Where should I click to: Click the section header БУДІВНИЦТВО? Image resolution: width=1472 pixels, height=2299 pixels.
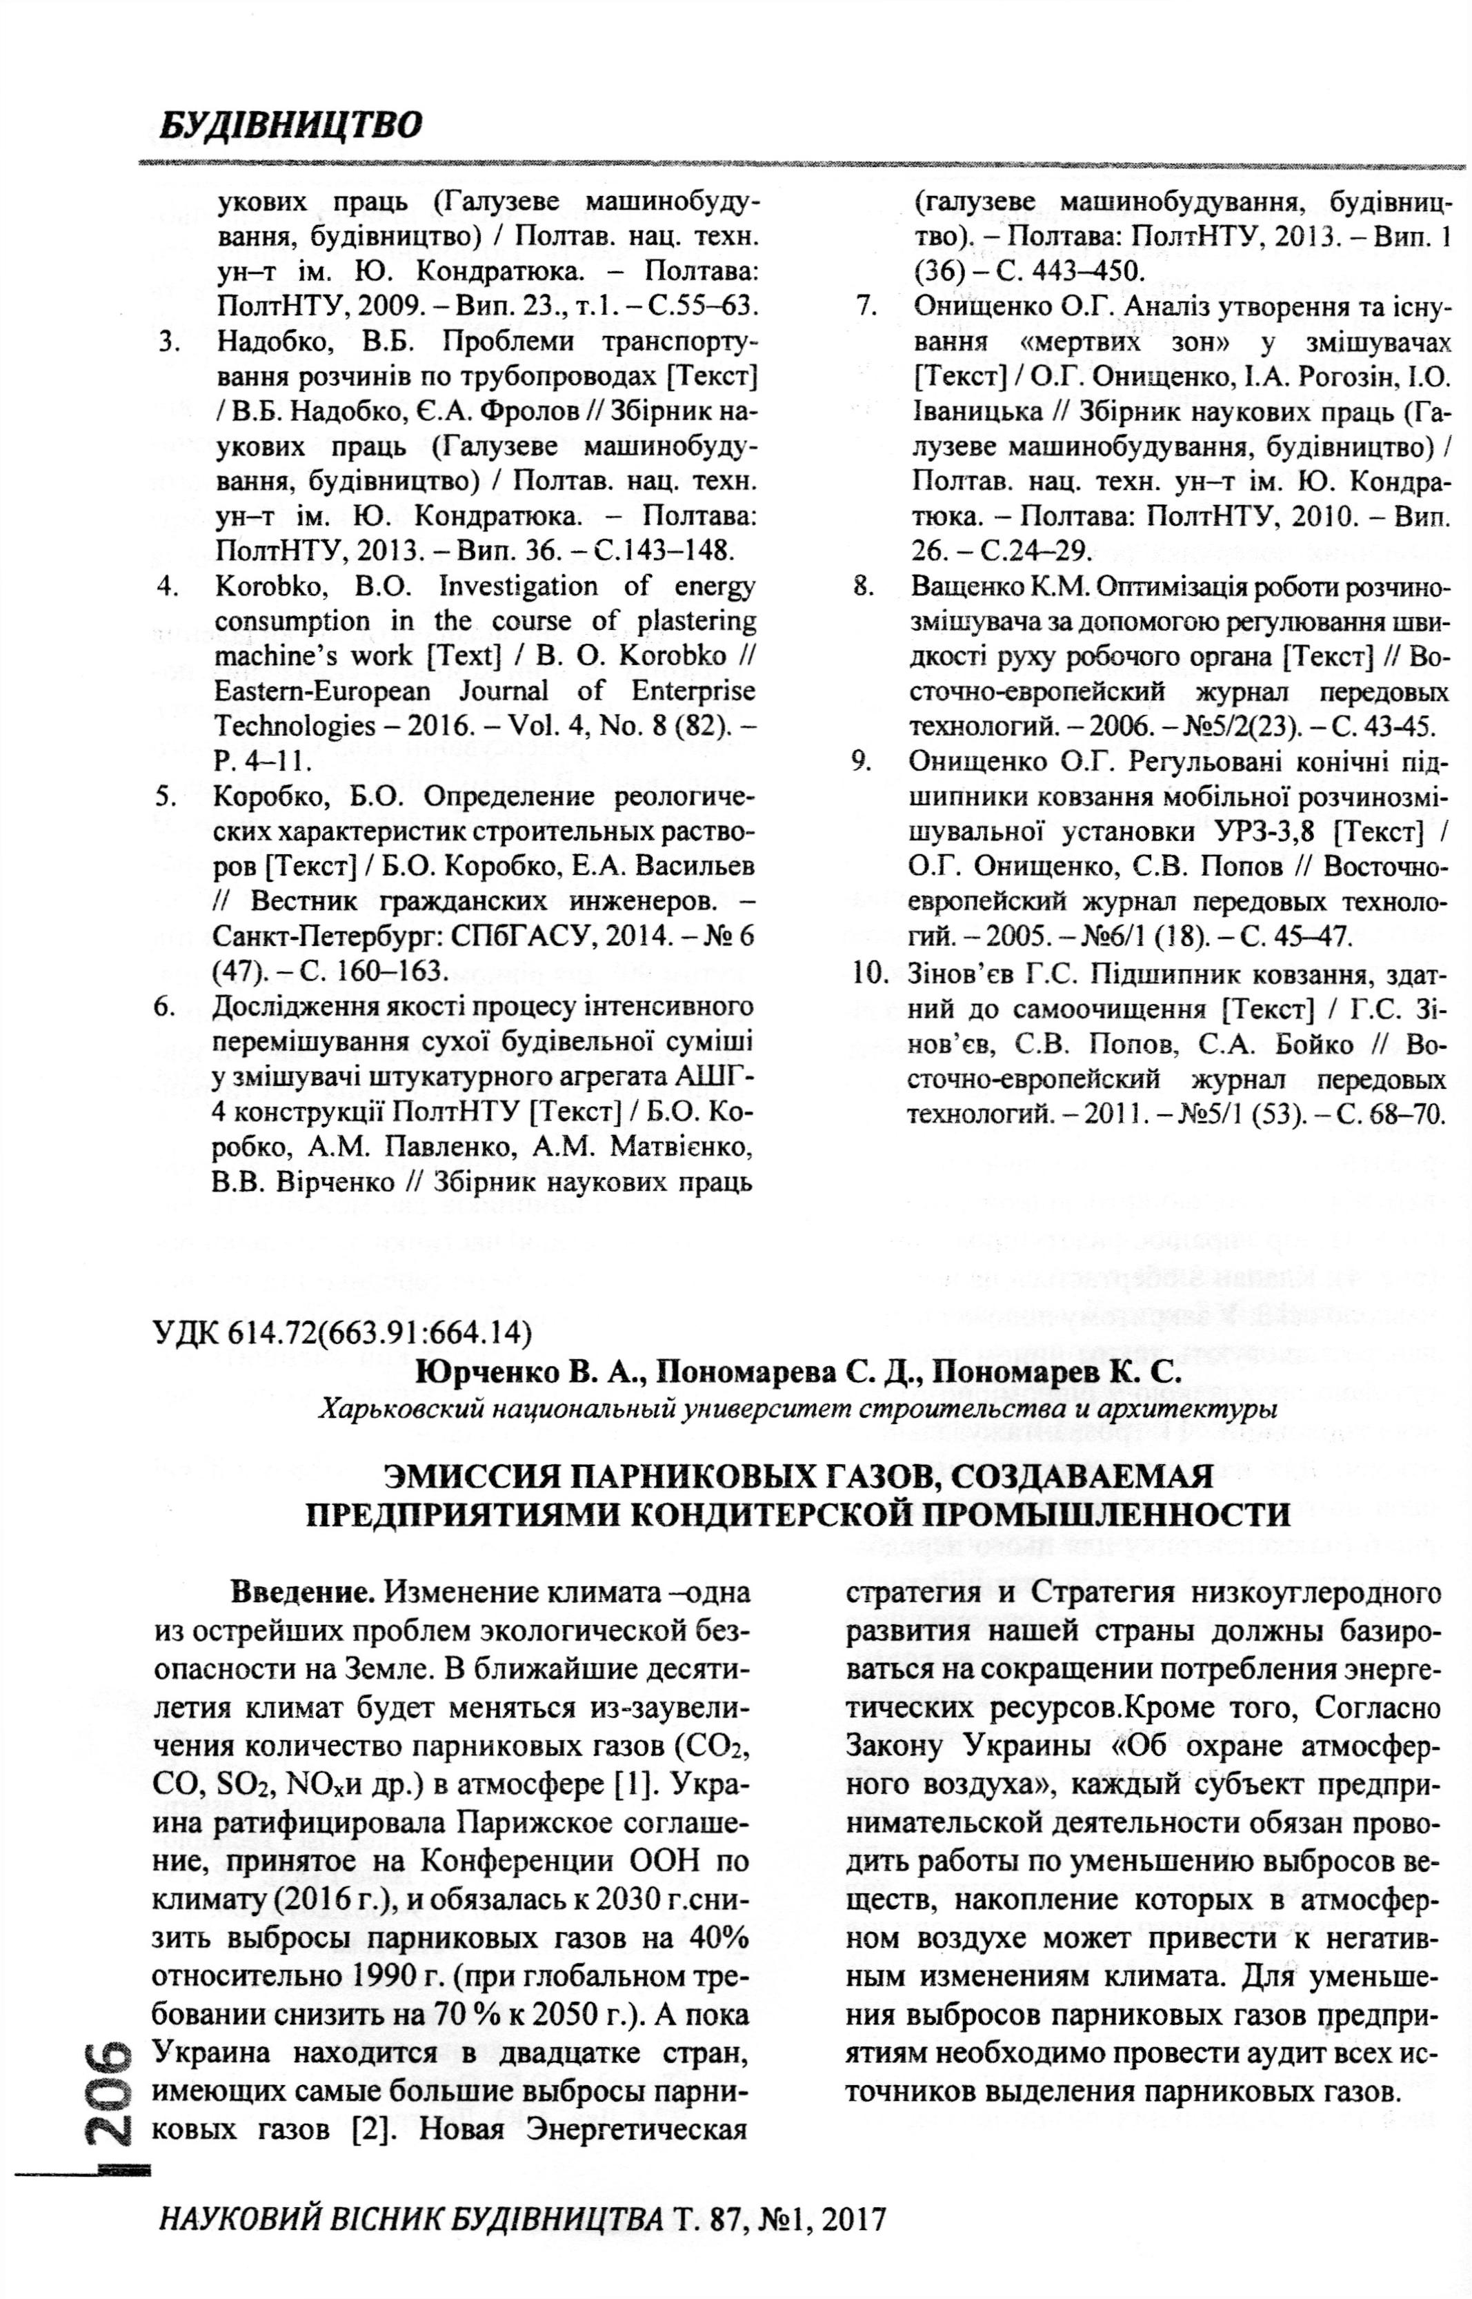click(290, 125)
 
